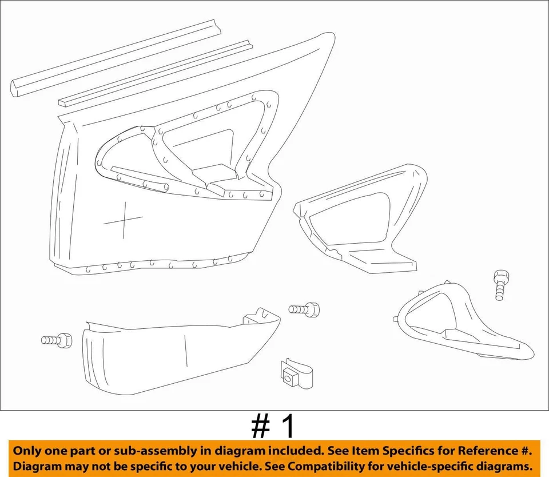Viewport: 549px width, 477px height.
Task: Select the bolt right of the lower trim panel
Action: pyautogui.click(x=304, y=309)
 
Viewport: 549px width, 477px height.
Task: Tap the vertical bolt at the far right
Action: pyautogui.click(x=500, y=284)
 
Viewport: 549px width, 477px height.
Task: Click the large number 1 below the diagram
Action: pyautogui.click(x=288, y=427)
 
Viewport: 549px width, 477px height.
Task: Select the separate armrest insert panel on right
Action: pyautogui.click(x=360, y=220)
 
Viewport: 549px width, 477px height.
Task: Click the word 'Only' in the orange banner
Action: pyautogui.click(x=28, y=451)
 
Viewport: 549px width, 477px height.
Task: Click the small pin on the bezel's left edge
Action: pyautogui.click(x=396, y=318)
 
